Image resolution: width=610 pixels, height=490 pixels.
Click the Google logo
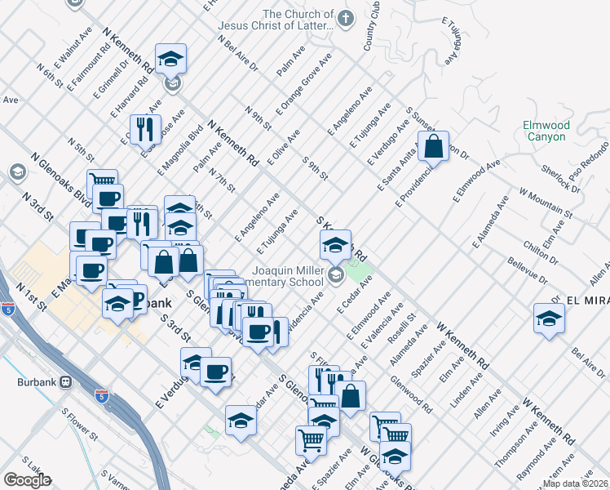click(28, 479)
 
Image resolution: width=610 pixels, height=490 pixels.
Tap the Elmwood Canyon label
click(546, 131)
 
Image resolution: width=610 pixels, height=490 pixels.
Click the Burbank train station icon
click(65, 381)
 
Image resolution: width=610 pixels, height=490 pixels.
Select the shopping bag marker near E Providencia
click(434, 147)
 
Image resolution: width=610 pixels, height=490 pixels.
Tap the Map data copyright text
click(576, 483)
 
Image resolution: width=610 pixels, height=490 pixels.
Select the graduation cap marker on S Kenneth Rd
click(334, 243)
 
